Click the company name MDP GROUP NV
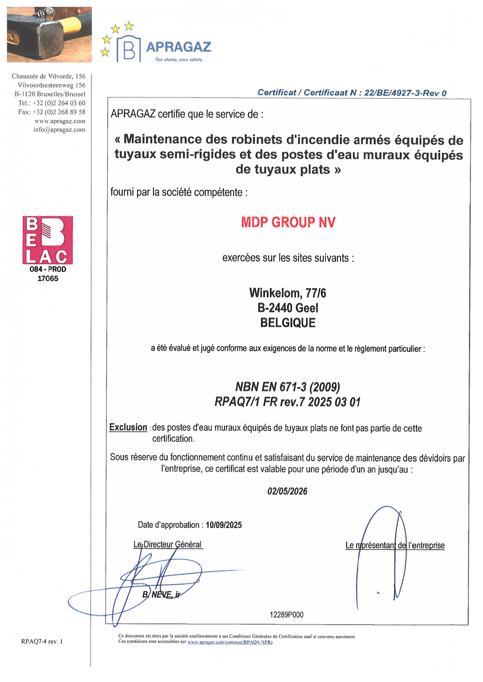pyautogui.click(x=288, y=222)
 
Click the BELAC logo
pyautogui.click(x=47, y=240)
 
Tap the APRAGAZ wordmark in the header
pyautogui.click(x=178, y=47)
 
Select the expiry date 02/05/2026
pyautogui.click(x=287, y=491)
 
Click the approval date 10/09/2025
pyautogui.click(x=224, y=525)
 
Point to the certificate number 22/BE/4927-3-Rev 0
pyautogui.click(x=405, y=93)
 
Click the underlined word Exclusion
pyautogui.click(x=128, y=427)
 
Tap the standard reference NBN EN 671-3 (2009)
pyautogui.click(x=287, y=387)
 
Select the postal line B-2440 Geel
pyautogui.click(x=287, y=308)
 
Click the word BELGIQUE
pyautogui.click(x=287, y=323)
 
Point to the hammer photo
pyautogui.click(x=49, y=35)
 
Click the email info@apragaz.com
pyautogui.click(x=59, y=130)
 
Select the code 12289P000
pyautogui.click(x=287, y=615)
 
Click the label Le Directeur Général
pyautogui.click(x=168, y=544)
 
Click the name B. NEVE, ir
pyautogui.click(x=161, y=595)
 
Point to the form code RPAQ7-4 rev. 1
pyautogui.click(x=42, y=641)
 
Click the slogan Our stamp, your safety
pyautogui.click(x=178, y=60)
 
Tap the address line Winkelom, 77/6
pyautogui.click(x=287, y=293)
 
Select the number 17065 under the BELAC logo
pyautogui.click(x=48, y=278)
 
